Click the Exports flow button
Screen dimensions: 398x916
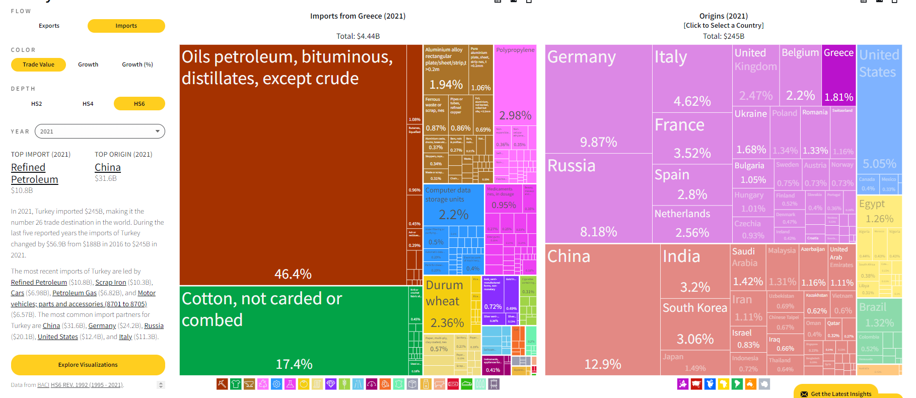(49, 26)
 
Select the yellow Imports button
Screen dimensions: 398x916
(126, 26)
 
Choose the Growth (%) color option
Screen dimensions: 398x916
(137, 64)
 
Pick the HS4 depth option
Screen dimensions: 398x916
(88, 104)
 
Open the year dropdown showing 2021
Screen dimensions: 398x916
(100, 131)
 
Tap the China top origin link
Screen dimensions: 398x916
(108, 167)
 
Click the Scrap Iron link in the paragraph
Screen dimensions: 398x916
(111, 282)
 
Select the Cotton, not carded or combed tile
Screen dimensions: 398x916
(294, 330)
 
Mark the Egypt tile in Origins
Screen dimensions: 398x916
(879, 212)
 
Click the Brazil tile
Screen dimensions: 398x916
(879, 315)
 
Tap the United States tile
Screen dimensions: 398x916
(879, 116)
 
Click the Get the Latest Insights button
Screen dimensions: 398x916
(836, 393)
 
